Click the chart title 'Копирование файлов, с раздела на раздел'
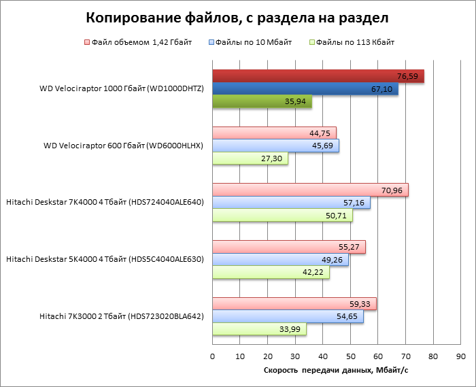click(238, 16)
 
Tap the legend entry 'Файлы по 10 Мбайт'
click(252, 42)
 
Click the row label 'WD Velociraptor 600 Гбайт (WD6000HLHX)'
click(123, 146)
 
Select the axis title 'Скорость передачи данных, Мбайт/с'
click(335, 369)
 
